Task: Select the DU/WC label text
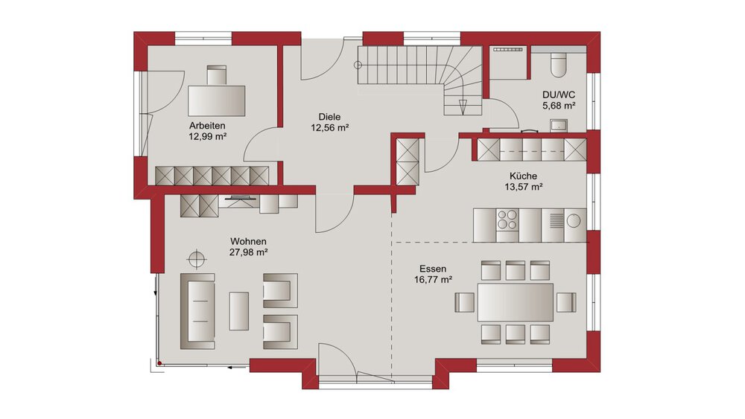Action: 557,94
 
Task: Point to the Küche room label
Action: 524,176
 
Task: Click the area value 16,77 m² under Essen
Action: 433,280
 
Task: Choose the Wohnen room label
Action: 249,242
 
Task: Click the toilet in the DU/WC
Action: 559,66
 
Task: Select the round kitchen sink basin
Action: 574,220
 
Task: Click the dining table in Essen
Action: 516,301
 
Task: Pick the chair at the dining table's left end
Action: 464,301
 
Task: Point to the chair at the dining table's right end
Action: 566,301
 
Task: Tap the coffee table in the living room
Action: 238,310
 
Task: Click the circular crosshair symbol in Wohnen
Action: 197,259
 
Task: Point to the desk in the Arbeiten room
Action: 217,100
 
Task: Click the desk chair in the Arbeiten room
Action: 217,75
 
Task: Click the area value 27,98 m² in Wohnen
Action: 249,252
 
